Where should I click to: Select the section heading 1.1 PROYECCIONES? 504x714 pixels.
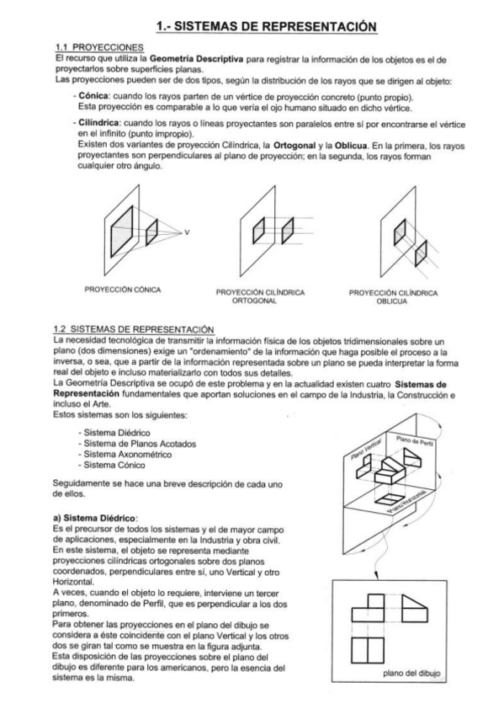(93, 47)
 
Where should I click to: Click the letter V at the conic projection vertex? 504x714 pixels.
(187, 231)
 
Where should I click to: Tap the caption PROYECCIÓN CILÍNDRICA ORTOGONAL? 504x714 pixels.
(260, 296)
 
